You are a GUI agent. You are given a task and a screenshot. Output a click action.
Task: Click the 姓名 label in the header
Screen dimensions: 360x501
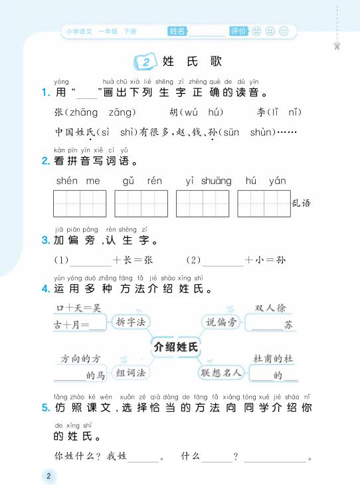[177, 31]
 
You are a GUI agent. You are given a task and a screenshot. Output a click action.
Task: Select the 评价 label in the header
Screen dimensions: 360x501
[238, 31]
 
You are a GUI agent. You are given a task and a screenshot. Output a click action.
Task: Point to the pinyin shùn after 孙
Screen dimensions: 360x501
[262, 133]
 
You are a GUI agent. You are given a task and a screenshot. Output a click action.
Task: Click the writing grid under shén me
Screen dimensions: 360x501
[80, 203]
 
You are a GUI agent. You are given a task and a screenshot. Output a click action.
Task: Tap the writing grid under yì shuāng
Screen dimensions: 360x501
[203, 203]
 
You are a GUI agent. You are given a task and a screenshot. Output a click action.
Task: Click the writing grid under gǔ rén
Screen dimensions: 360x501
[141, 203]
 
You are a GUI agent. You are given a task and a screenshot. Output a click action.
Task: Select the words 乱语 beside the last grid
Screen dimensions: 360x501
[301, 203]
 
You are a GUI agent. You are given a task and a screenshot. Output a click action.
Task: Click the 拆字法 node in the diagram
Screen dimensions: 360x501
[130, 322]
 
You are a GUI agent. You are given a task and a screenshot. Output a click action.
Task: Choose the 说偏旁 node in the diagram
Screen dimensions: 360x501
[221, 322]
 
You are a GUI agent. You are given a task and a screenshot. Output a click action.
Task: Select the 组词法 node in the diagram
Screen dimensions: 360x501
[130, 373]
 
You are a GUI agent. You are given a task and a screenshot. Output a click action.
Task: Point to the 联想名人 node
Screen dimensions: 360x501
[221, 373]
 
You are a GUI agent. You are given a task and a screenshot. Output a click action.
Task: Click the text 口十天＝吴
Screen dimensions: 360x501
[73, 308]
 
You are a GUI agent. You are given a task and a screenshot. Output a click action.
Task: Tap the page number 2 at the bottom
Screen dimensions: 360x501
[48, 476]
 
